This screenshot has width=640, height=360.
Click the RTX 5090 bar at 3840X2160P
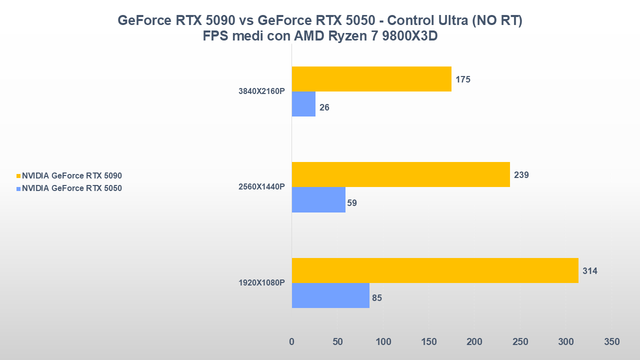pyautogui.click(x=371, y=79)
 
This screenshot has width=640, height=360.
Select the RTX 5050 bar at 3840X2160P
pyautogui.click(x=303, y=104)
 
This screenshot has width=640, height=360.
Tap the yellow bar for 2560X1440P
pyautogui.click(x=400, y=174)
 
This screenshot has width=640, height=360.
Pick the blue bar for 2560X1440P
pyautogui.click(x=318, y=199)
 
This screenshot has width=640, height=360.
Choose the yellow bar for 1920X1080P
pyautogui.click(x=435, y=270)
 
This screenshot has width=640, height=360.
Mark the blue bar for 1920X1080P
pyautogui.click(x=330, y=295)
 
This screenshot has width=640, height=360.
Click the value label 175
pyautogui.click(x=463, y=79)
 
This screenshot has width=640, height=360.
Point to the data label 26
pyautogui.click(x=324, y=107)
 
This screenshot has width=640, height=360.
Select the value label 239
pyautogui.click(x=521, y=175)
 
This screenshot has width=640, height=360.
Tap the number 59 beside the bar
pyautogui.click(x=352, y=203)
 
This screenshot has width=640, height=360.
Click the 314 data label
pyautogui.click(x=590, y=271)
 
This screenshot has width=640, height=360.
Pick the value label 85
pyautogui.click(x=377, y=298)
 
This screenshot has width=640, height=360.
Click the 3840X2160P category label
pyautogui.click(x=262, y=91)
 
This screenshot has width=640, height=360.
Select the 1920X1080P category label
pyautogui.click(x=262, y=283)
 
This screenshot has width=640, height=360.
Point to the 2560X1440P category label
pyautogui.click(x=262, y=187)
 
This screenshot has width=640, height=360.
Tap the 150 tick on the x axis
pyautogui.click(x=429, y=342)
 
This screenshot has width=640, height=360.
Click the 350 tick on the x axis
pyautogui.click(x=611, y=342)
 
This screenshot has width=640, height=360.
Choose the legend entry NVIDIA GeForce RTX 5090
pyautogui.click(x=72, y=176)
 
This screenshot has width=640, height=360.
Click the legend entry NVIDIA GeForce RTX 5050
pyautogui.click(x=72, y=188)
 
